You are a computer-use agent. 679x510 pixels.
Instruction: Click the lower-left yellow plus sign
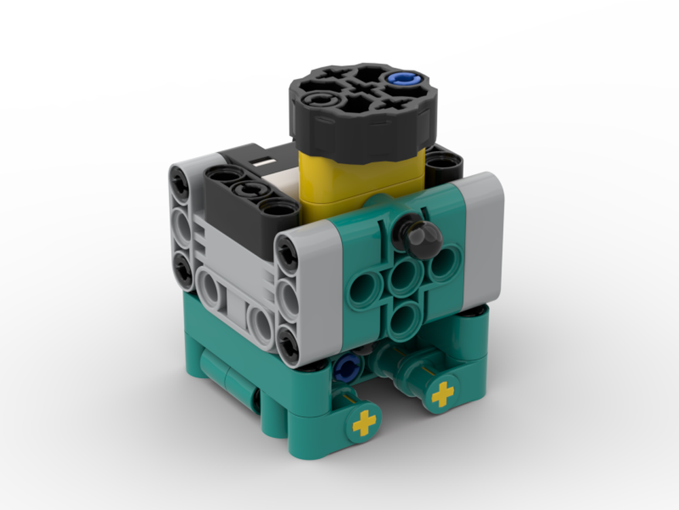click(364, 424)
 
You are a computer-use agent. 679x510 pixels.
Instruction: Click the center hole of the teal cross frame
click(406, 277)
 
